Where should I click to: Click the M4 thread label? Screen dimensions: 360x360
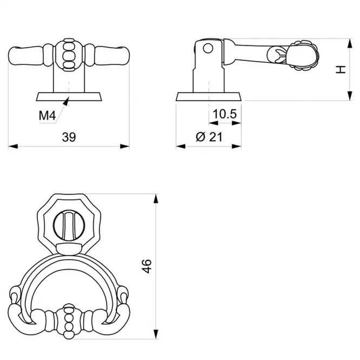[x=47, y=115]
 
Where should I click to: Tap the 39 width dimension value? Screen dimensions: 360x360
[x=69, y=137]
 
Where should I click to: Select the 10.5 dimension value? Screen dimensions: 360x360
[x=225, y=114]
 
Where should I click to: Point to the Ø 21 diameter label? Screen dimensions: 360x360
[x=209, y=137]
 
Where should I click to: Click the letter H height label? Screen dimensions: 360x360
[x=341, y=69]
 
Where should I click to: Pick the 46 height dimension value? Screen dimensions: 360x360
[x=147, y=266]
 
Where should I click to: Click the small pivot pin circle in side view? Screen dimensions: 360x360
[x=208, y=48]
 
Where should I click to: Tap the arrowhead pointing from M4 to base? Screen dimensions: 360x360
[x=66, y=101]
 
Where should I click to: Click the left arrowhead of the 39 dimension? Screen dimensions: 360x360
[x=13, y=146]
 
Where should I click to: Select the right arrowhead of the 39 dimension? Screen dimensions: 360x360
[x=125, y=146]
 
